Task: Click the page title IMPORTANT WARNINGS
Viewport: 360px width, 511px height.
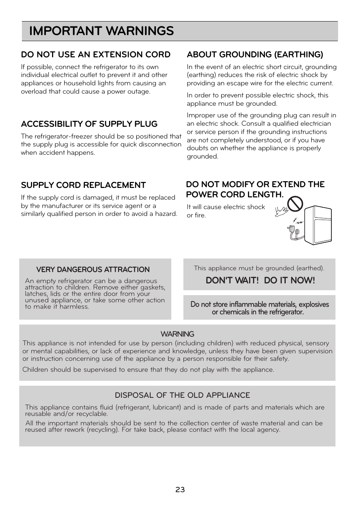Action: (x=101, y=31)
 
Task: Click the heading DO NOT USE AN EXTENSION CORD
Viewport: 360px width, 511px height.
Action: (x=95, y=55)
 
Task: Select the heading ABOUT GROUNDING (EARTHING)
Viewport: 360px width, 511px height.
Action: (x=255, y=55)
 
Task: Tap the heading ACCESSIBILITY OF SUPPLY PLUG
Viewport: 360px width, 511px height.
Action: (x=89, y=124)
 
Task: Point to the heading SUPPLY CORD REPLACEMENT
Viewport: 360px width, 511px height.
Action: (x=83, y=185)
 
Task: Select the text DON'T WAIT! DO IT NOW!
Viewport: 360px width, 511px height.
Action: (x=260, y=280)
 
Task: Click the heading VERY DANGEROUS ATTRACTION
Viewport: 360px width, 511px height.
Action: (x=93, y=270)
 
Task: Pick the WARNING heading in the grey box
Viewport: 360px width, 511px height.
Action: (x=177, y=334)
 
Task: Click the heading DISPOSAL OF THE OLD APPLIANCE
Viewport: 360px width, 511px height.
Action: (x=182, y=395)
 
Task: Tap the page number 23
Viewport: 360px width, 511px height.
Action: (x=180, y=490)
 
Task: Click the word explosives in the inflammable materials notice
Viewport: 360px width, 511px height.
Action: (x=314, y=305)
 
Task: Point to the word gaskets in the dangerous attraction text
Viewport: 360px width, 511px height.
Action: (x=152, y=288)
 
